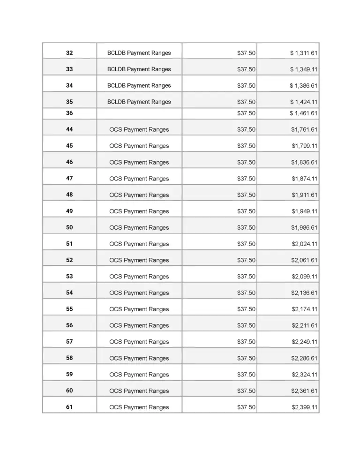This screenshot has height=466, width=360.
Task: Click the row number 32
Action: click(69, 53)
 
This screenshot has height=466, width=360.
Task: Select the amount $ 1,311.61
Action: click(304, 53)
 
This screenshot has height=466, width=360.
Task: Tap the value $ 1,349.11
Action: click(304, 69)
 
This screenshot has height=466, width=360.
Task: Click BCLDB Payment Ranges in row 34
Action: click(139, 86)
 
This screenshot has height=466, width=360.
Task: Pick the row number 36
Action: click(69, 113)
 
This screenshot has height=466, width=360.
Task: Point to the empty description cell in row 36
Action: click(139, 113)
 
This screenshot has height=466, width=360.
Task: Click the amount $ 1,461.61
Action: click(304, 113)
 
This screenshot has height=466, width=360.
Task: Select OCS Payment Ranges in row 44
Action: click(139, 129)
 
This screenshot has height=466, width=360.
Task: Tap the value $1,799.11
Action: click(305, 146)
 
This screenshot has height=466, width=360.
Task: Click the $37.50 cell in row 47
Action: click(246, 179)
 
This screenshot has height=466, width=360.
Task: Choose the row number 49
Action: click(69, 211)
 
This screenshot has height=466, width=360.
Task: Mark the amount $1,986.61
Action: click(305, 228)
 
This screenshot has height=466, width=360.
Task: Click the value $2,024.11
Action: click(305, 244)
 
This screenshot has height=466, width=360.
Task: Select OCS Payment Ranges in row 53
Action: click(139, 277)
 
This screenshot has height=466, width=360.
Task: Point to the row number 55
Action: click(69, 309)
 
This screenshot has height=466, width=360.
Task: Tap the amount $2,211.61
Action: click(305, 325)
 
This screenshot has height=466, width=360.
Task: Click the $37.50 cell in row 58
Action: click(246, 358)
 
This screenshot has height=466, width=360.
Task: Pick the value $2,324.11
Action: click(305, 375)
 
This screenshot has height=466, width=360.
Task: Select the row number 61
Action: click(69, 407)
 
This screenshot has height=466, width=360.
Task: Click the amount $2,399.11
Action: click(305, 407)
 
